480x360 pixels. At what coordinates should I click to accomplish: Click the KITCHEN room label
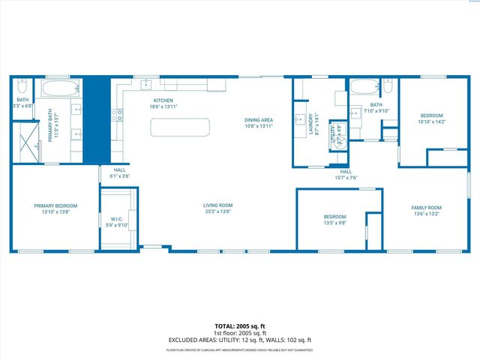pos(163,100)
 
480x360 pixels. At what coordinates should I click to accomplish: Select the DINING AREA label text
pos(258,120)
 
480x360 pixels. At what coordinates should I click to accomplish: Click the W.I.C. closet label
pos(115,220)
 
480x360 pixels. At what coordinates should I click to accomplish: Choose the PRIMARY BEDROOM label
pos(55,205)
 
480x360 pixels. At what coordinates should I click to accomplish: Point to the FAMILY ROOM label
pos(426,208)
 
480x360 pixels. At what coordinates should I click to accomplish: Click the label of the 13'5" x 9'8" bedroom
pos(334,217)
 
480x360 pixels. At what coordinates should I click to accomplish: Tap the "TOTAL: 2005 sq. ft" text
pos(240,326)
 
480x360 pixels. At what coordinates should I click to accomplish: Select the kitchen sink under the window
pos(147,83)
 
